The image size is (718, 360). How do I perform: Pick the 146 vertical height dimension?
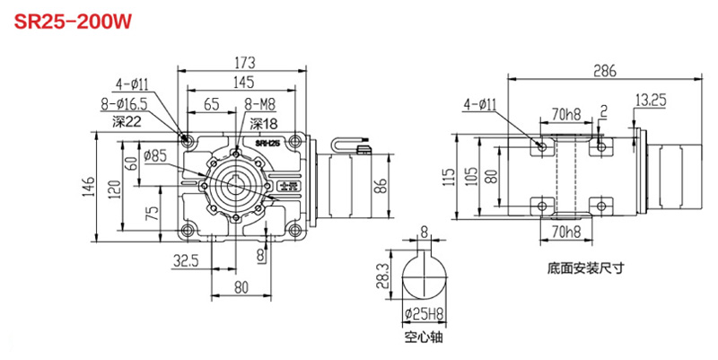(87, 187)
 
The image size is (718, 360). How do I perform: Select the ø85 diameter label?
(154, 154)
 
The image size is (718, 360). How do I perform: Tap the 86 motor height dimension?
(381, 188)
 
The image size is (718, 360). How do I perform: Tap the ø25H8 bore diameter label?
(422, 314)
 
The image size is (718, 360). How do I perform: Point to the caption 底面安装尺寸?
(582, 267)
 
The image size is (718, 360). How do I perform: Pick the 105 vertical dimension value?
(469, 176)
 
